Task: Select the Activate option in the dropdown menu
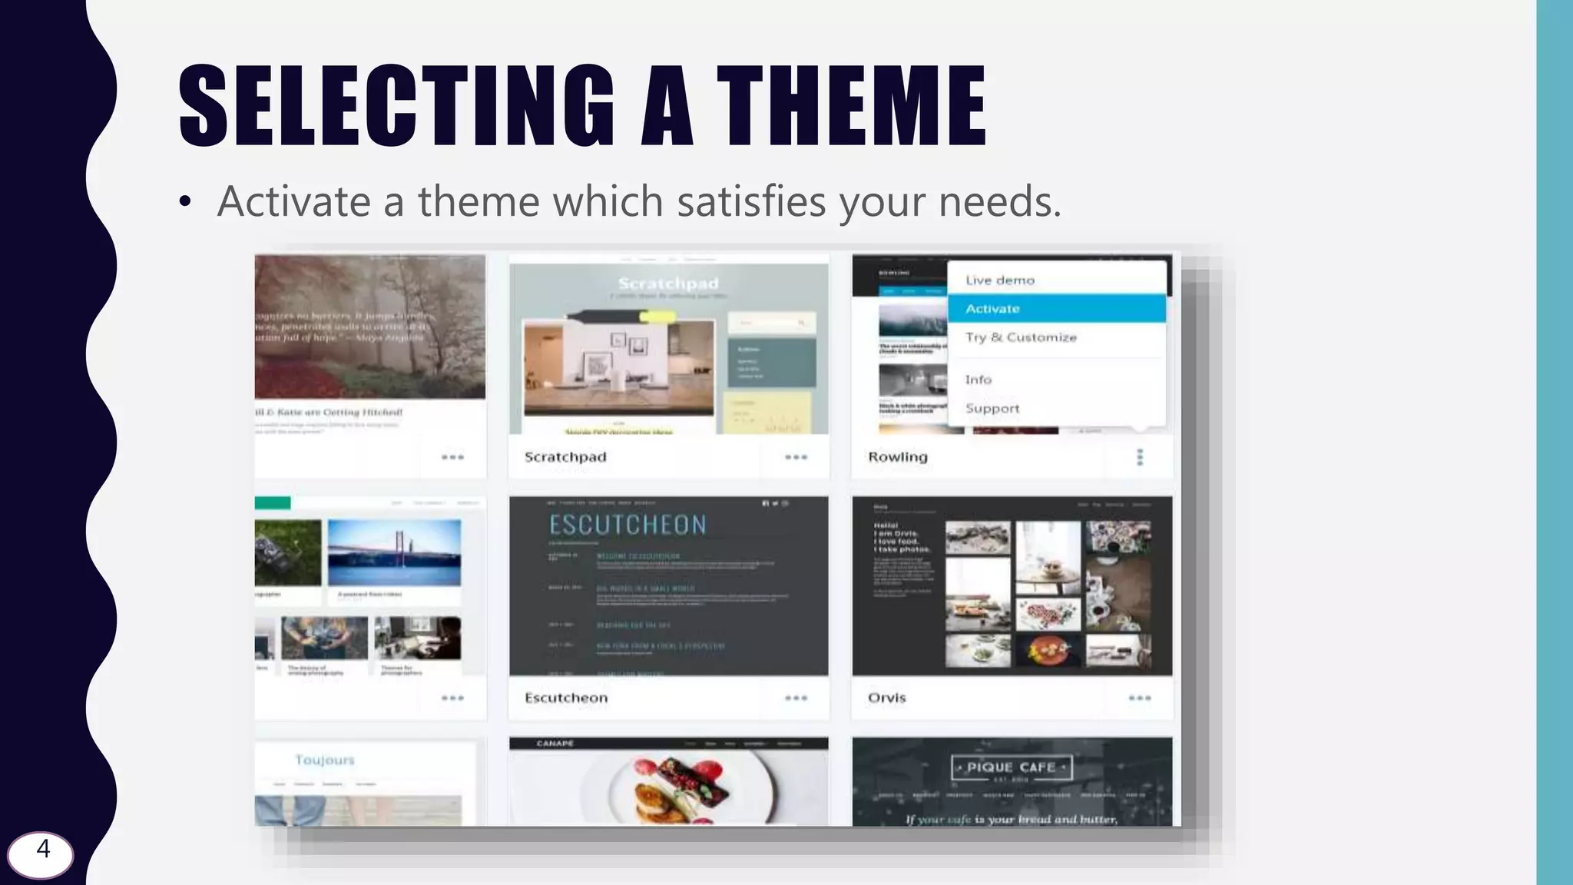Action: tap(992, 309)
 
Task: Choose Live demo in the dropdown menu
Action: tap(1000, 280)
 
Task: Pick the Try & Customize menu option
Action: tap(1021, 337)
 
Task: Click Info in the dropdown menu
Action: tap(979, 380)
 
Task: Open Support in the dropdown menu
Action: tap(992, 409)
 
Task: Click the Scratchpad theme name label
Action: tap(565, 457)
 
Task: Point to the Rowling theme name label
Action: tap(898, 457)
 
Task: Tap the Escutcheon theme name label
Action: tap(566, 698)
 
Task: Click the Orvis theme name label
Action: tap(887, 698)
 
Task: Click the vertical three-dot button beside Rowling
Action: tap(1140, 457)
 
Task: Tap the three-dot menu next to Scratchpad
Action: tap(796, 457)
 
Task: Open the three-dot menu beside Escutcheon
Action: tap(796, 698)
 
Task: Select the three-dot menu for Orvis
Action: tap(1140, 698)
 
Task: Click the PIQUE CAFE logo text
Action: tap(1012, 767)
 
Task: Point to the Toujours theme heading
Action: tap(325, 760)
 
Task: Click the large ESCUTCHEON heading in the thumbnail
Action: tap(628, 525)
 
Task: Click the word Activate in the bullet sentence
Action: tap(294, 202)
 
